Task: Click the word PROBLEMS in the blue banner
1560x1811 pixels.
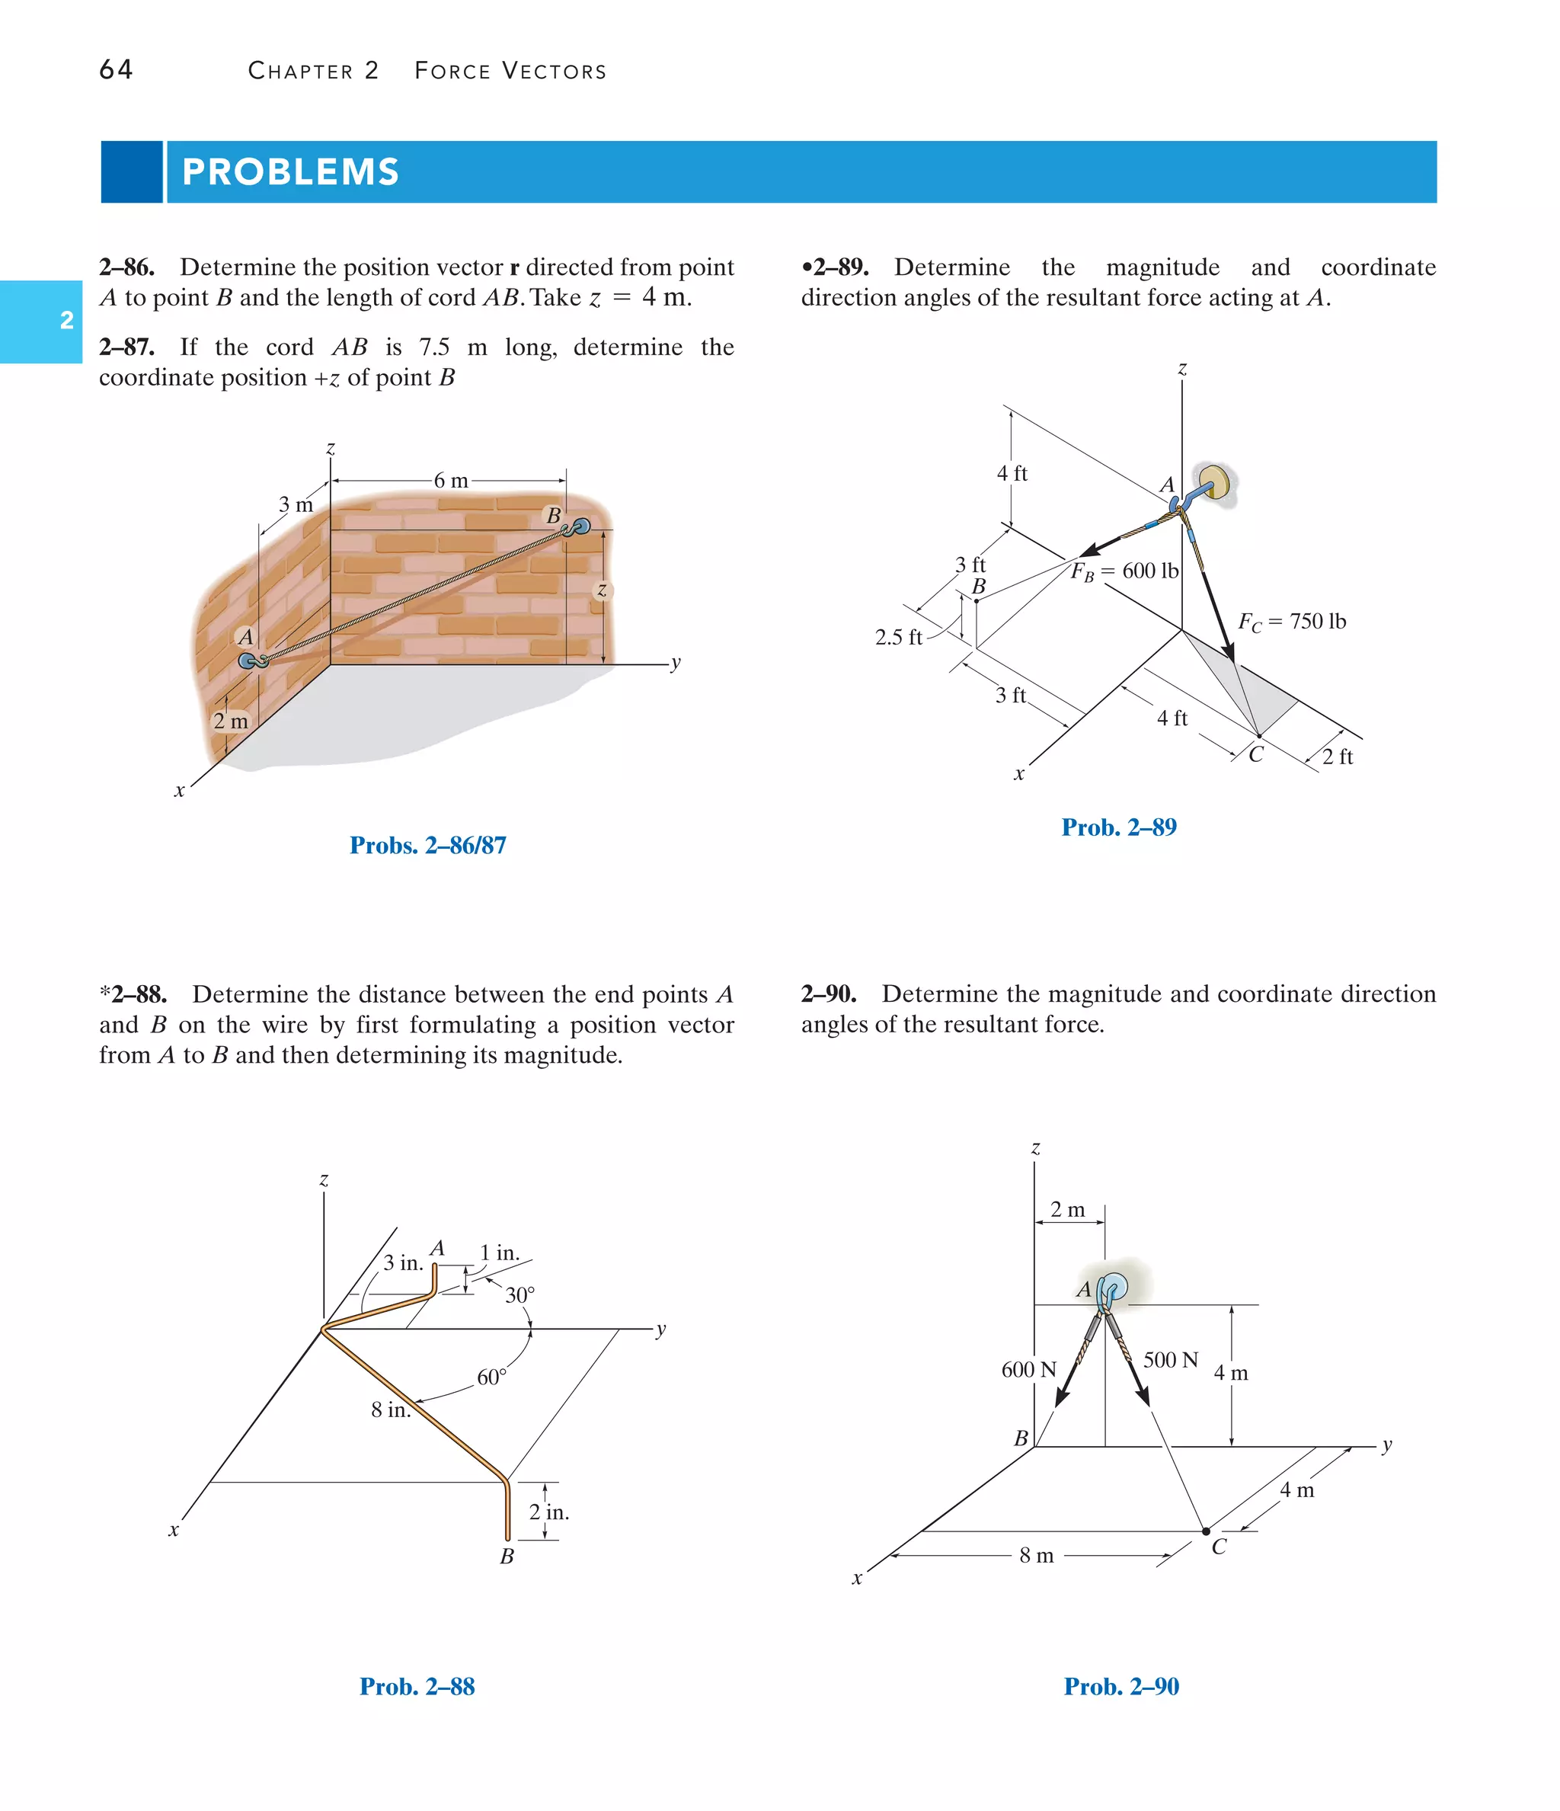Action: [290, 172]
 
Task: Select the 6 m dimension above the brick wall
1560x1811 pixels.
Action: [451, 480]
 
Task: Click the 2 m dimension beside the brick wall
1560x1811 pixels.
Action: [231, 721]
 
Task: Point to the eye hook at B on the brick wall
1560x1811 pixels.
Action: [579, 527]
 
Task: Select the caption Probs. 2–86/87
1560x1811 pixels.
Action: [427, 845]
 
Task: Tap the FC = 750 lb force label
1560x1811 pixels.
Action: [1291, 622]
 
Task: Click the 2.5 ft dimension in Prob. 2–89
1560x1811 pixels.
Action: [897, 637]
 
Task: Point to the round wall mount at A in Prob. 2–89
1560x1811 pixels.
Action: [1215, 481]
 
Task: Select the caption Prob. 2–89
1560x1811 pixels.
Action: [1119, 827]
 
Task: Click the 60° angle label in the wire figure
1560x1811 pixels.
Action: [491, 1377]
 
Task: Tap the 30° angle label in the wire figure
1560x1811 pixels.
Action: [519, 1295]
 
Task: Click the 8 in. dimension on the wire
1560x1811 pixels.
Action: [390, 1409]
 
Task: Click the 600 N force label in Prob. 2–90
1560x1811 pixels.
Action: [1028, 1370]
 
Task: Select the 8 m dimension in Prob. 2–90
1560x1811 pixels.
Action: [1037, 1556]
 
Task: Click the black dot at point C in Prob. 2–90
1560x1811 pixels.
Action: [1206, 1531]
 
